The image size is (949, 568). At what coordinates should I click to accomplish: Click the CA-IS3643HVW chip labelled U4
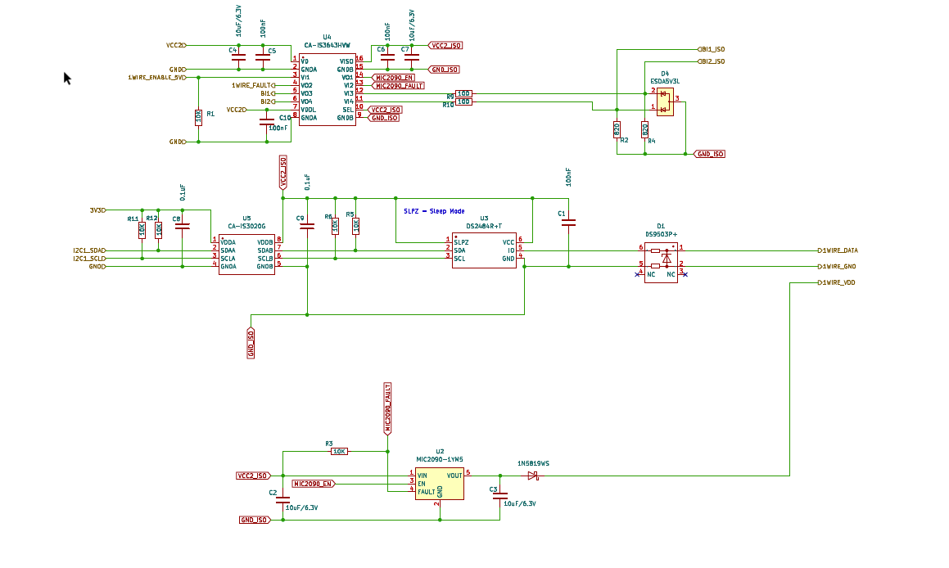pos(327,90)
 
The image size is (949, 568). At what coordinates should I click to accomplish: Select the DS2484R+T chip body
pos(484,250)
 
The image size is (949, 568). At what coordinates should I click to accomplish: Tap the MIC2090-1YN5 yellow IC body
pos(439,484)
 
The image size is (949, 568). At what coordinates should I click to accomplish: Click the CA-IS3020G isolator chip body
pos(246,255)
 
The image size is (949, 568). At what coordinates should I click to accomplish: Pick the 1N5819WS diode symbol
pos(532,475)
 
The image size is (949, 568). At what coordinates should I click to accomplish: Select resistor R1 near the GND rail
pos(198,117)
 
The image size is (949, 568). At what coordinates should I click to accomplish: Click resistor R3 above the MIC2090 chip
pos(339,451)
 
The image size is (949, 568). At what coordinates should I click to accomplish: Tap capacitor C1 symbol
pos(569,222)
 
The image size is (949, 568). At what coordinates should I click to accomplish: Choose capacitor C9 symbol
pos(307,228)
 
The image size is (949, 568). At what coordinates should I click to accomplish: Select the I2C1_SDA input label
pos(88,250)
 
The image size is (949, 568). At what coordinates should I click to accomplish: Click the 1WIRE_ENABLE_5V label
pos(156,77)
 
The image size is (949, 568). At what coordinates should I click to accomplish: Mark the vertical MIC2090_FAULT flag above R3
pos(387,406)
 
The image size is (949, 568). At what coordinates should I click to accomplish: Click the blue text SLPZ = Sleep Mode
pos(434,211)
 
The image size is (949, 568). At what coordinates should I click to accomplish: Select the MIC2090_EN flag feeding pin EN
pos(313,484)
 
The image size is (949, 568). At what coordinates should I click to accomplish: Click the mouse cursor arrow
pos(67,77)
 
